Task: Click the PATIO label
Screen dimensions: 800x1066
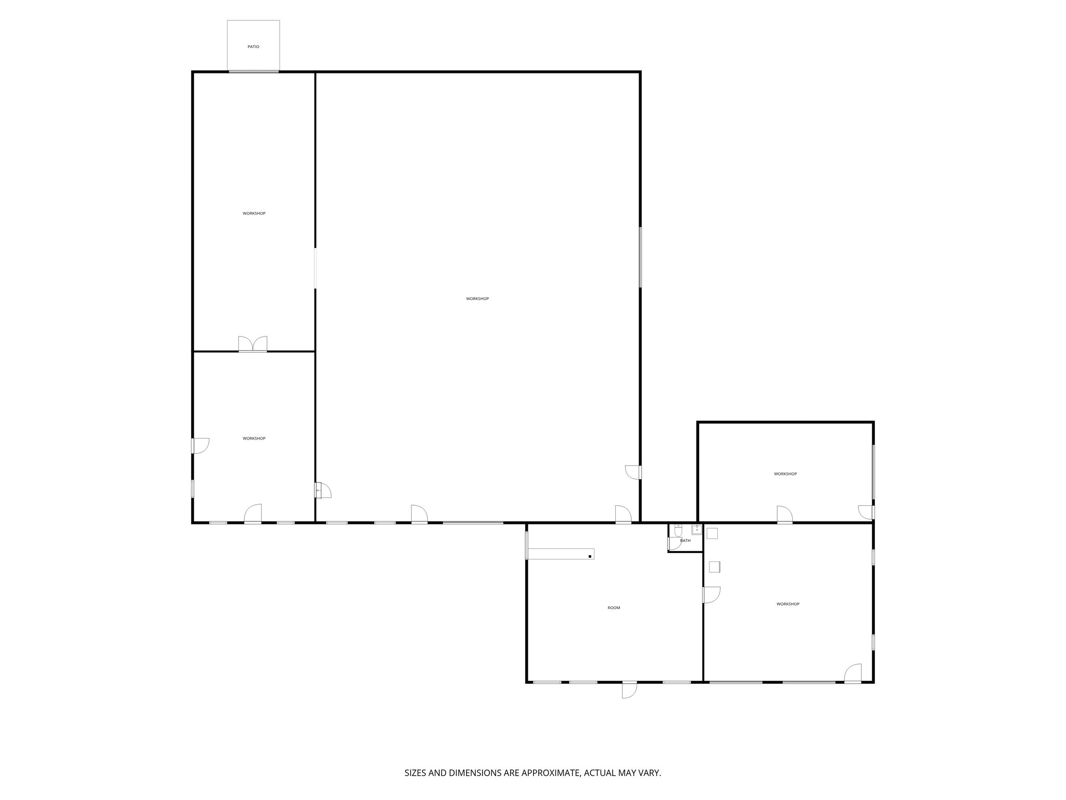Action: point(253,47)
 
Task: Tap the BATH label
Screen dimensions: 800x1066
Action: point(685,541)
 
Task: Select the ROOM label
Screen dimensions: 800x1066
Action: point(614,608)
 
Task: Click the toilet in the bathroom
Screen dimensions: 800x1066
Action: point(678,530)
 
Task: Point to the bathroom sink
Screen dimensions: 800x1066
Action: point(696,529)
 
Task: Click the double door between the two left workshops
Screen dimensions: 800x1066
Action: point(252,345)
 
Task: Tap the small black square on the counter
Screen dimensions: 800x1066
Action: point(590,557)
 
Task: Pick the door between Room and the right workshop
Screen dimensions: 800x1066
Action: point(711,595)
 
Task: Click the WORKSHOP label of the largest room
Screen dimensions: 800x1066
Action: point(477,299)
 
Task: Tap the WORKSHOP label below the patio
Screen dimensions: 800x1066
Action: point(254,214)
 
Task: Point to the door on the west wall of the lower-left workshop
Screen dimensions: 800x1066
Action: point(200,445)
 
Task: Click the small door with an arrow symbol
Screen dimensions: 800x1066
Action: point(322,491)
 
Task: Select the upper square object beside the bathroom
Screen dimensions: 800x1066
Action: point(712,533)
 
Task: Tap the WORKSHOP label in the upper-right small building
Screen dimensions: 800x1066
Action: point(785,474)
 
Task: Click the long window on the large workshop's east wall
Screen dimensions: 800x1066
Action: point(640,256)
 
